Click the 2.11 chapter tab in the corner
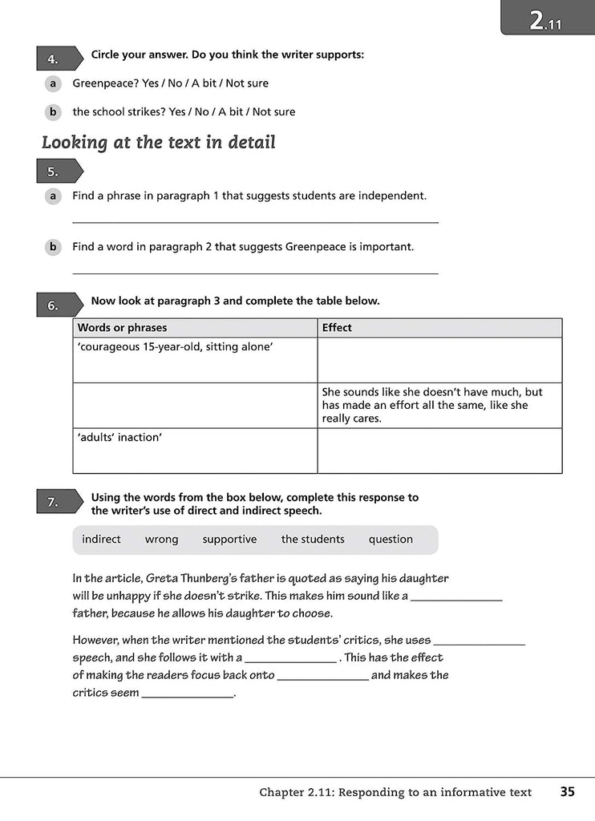point(546,18)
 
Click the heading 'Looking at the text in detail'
point(159,143)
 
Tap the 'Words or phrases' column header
point(123,327)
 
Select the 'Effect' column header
point(337,327)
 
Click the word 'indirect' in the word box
point(101,539)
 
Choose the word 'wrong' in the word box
point(161,539)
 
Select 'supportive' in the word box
point(229,539)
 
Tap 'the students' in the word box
point(313,539)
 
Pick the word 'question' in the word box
point(391,539)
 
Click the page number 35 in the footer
point(568,792)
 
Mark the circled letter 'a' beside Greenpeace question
point(52,83)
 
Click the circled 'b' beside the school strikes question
point(52,112)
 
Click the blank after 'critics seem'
point(188,694)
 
